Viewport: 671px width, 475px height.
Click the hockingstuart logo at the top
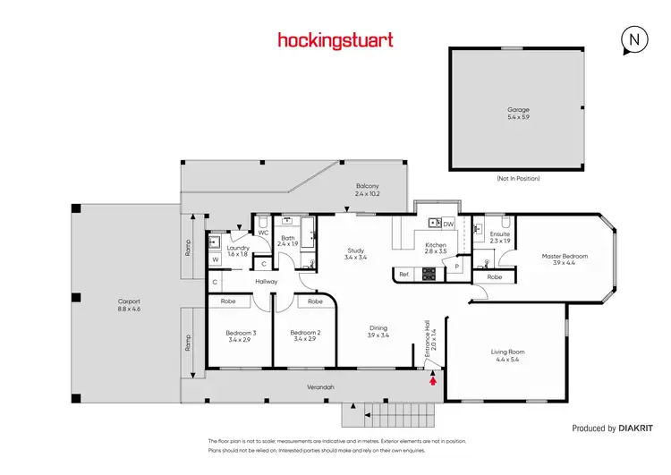point(335,39)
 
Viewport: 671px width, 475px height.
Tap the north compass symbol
point(633,40)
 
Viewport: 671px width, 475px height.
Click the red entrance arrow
point(434,380)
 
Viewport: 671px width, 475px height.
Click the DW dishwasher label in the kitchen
point(448,224)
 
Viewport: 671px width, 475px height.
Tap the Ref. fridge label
point(403,274)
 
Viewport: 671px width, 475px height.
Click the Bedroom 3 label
point(241,335)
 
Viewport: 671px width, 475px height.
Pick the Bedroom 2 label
point(305,335)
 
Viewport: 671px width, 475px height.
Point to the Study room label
point(355,253)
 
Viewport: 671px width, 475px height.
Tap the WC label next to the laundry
point(263,233)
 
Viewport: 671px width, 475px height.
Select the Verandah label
point(320,387)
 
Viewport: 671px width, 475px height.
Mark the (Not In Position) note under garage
point(517,178)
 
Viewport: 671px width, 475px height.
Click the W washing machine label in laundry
point(215,259)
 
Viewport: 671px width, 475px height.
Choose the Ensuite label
point(500,236)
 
